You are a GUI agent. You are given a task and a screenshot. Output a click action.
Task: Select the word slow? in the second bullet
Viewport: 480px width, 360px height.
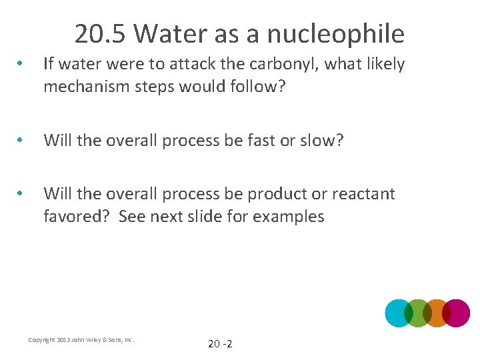coord(322,141)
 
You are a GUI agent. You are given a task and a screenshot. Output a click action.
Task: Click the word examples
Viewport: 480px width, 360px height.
coord(288,217)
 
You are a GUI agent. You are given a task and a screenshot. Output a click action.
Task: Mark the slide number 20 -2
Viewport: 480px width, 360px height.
coord(220,344)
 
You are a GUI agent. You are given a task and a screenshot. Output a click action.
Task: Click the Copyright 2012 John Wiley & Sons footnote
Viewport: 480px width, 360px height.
coord(81,340)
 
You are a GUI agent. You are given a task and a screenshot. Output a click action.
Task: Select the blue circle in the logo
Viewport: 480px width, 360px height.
coord(397,313)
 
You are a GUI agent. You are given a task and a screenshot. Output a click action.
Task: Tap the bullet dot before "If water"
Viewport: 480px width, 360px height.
coord(22,65)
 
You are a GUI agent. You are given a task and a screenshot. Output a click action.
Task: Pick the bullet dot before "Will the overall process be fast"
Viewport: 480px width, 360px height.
coord(22,141)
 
